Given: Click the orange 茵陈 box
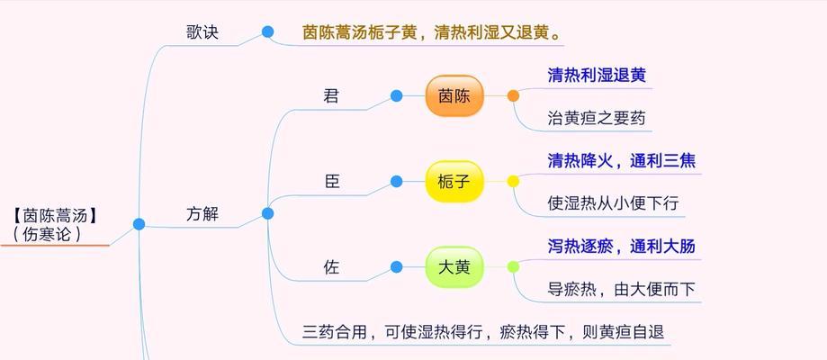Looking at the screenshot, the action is [x=454, y=96].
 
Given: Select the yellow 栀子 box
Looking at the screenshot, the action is [x=454, y=182].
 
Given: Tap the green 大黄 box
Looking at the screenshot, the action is [x=454, y=267].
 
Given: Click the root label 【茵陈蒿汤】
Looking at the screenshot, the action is [x=56, y=215].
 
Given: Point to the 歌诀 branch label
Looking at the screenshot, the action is [x=202, y=32].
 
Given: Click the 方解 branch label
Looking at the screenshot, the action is [x=202, y=214].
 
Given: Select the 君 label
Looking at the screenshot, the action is [x=331, y=96].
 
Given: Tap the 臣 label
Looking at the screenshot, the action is [x=332, y=182].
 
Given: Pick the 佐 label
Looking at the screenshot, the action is [x=331, y=267].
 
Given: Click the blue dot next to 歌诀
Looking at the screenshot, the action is [x=268, y=31].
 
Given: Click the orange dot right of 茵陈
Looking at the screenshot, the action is [x=513, y=95].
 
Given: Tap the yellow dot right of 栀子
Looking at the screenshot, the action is [x=513, y=181].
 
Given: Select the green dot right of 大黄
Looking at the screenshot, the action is [x=513, y=266].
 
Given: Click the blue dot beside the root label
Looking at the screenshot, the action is [x=139, y=224].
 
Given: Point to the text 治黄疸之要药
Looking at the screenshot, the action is [x=597, y=118].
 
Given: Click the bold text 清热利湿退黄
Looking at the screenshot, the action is [x=597, y=75].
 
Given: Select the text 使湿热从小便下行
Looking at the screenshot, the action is [x=613, y=203].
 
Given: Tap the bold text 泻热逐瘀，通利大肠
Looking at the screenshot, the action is [x=621, y=246].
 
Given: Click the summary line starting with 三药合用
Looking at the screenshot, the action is [x=483, y=332].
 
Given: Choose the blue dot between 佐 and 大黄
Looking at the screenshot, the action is [x=397, y=266].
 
